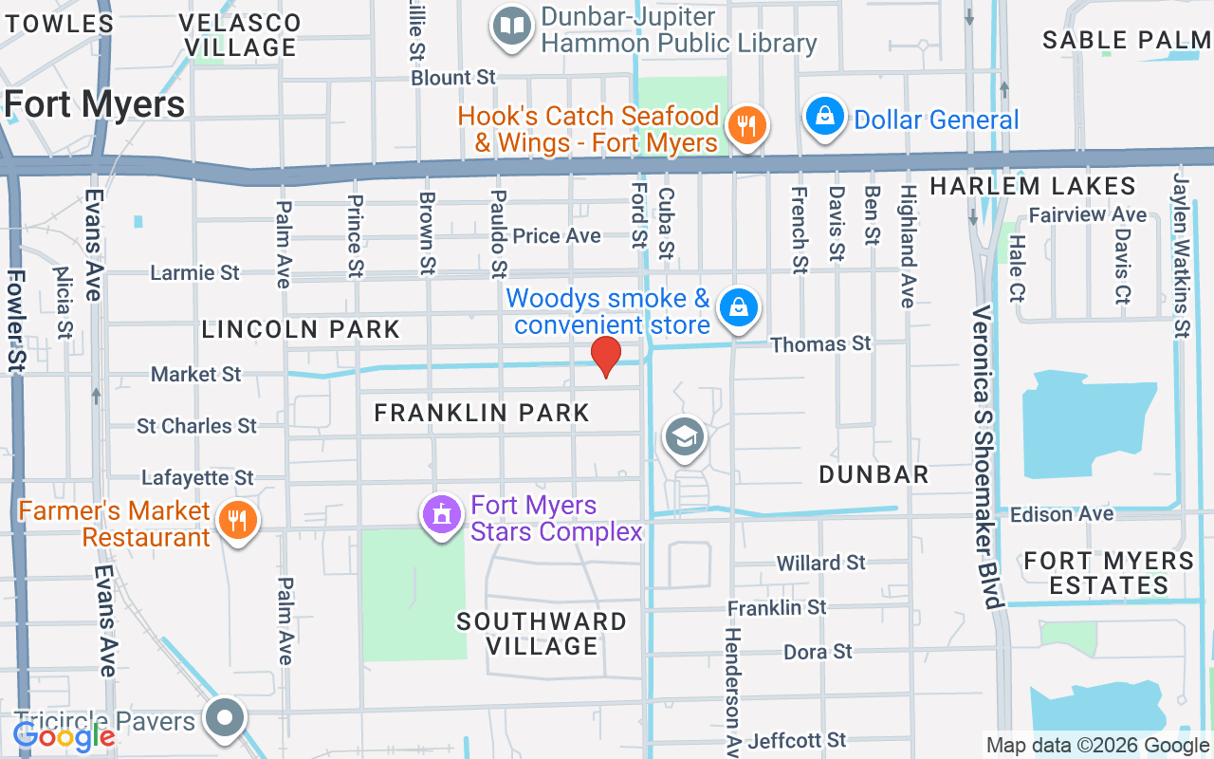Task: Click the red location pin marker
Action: coord(606,356)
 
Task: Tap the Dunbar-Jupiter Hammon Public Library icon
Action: coord(513,27)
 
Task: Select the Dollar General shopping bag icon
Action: coord(825,117)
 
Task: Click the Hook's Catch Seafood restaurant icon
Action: coord(746,125)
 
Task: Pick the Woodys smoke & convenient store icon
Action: coord(738,308)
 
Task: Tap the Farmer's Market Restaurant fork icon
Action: coord(237,521)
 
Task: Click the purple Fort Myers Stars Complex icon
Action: coord(441,515)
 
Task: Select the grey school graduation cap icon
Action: coord(684,436)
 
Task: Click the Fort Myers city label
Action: coord(95,104)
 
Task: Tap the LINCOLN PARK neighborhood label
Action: coord(301,329)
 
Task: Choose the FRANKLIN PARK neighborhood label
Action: coord(482,413)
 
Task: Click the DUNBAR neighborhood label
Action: coord(873,474)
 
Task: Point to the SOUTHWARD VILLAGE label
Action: coord(542,634)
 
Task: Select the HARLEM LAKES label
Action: coord(1033,186)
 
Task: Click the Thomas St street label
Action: coord(820,343)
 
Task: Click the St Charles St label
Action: coord(196,426)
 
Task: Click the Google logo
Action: coord(64,735)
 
